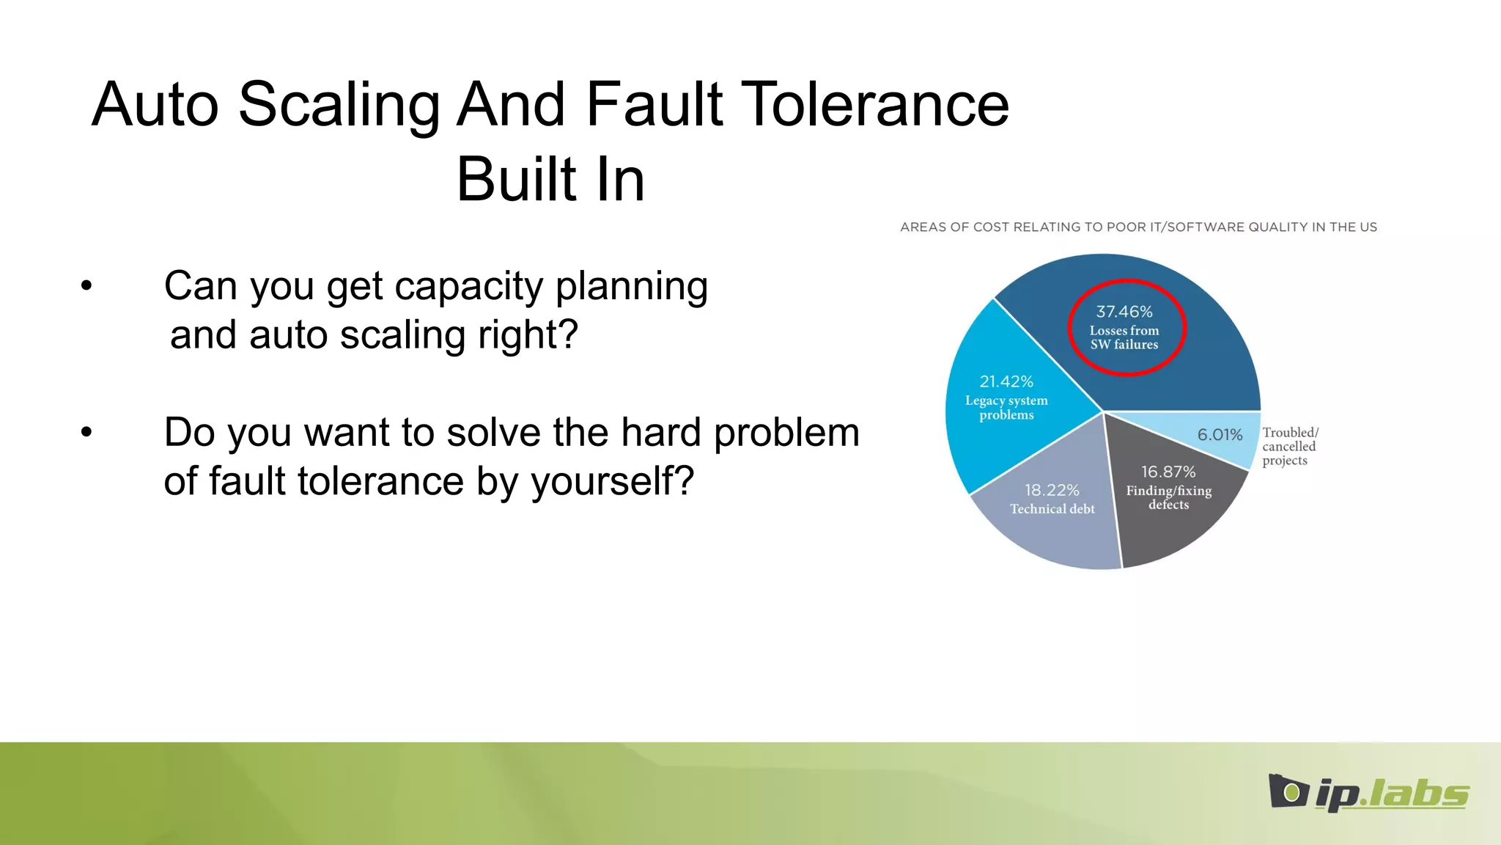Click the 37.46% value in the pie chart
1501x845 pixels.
pyautogui.click(x=1124, y=312)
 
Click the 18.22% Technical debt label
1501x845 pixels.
pyautogui.click(x=1052, y=499)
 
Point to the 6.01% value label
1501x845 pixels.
pyautogui.click(x=1220, y=435)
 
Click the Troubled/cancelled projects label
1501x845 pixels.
pyautogui.click(x=1289, y=446)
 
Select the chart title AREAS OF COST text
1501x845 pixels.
pyautogui.click(x=1137, y=227)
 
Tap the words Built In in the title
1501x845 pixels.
pyautogui.click(x=550, y=180)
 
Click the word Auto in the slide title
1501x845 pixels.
pyautogui.click(x=155, y=105)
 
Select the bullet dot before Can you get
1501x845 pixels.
pyautogui.click(x=86, y=286)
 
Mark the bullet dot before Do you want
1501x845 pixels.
pyautogui.click(x=86, y=432)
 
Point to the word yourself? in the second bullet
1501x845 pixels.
pyautogui.click(x=611, y=483)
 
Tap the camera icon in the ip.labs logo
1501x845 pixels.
pyautogui.click(x=1288, y=791)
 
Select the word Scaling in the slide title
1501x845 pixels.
pyautogui.click(x=338, y=105)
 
